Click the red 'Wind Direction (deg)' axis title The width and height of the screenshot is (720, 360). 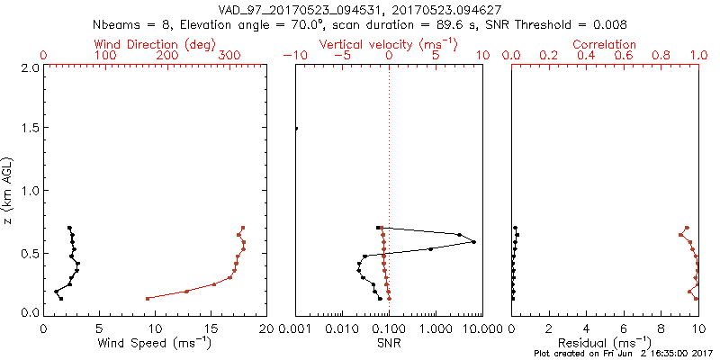pyautogui.click(x=156, y=44)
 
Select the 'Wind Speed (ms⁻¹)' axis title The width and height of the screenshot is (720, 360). pyautogui.click(x=155, y=343)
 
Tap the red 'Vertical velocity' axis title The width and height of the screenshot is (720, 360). pyautogui.click(x=388, y=44)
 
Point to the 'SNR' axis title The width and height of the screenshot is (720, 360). pyautogui.click(x=388, y=343)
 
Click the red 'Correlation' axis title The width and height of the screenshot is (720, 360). pyautogui.click(x=605, y=44)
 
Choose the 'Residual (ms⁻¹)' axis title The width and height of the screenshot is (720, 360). pyautogui.click(x=605, y=343)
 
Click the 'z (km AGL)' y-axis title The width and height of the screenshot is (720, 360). pyautogui.click(x=10, y=189)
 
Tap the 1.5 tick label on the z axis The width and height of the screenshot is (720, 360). pyautogui.click(x=30, y=129)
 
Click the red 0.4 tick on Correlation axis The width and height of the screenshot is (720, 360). pyautogui.click(x=587, y=55)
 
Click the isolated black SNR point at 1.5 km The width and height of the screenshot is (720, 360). pyautogui.click(x=296, y=129)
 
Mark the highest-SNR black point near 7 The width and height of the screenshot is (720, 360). pyautogui.click(x=473, y=242)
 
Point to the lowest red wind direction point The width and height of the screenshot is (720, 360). pyautogui.click(x=148, y=299)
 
